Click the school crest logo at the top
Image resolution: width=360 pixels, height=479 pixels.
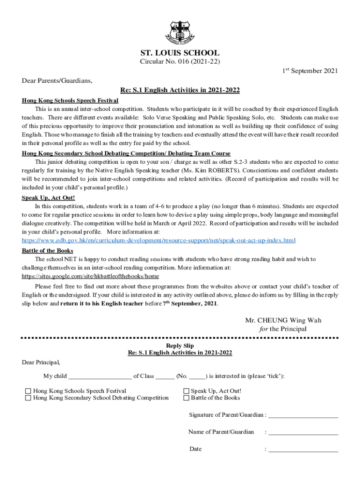point(180,30)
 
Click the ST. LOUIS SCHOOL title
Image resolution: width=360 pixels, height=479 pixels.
point(180,53)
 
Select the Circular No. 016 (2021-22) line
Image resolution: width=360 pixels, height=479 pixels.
point(180,62)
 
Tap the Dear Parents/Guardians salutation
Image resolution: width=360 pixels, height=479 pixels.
point(57,80)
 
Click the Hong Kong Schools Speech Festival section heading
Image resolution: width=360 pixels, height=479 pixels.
point(70,101)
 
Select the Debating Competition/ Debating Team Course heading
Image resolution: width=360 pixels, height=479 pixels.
point(126,153)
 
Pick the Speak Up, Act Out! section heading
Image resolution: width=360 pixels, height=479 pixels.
point(48,198)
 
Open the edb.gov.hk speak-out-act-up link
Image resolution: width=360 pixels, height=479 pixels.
point(159,240)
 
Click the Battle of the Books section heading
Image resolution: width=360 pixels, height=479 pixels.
point(48,251)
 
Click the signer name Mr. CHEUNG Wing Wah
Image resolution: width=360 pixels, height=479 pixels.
point(283,320)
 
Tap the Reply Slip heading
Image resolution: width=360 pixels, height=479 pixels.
point(180,346)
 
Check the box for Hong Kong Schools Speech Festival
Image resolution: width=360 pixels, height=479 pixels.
point(28,391)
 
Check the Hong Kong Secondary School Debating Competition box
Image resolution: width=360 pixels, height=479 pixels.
point(28,398)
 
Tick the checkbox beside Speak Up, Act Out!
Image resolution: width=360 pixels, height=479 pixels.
point(186,391)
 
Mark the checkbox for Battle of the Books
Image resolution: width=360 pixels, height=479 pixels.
point(186,398)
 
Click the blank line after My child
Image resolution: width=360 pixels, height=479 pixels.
point(100,376)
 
